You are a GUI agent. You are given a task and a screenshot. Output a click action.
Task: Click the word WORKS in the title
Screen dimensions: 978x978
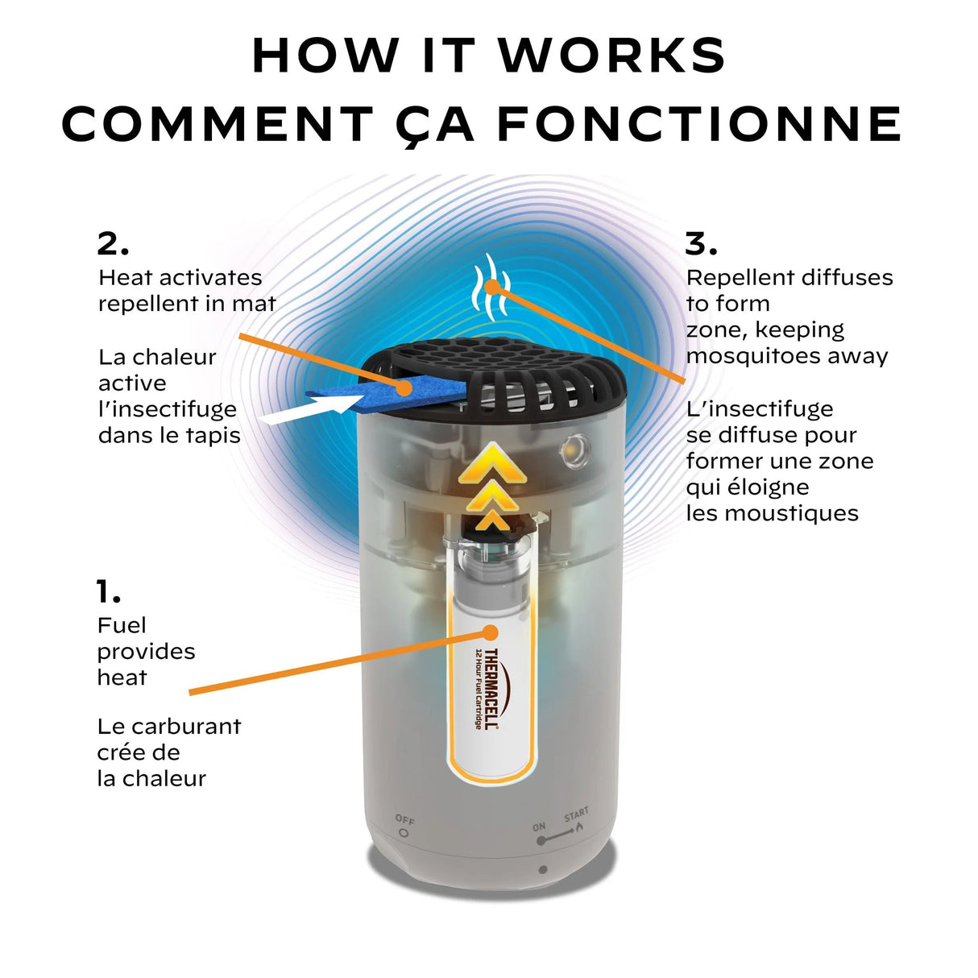point(612,55)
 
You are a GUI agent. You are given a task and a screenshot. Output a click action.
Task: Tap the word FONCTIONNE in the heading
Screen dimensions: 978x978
point(698,124)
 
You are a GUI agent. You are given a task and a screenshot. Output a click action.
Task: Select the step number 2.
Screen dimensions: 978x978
point(112,242)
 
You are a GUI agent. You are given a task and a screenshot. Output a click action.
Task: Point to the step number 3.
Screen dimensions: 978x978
point(700,242)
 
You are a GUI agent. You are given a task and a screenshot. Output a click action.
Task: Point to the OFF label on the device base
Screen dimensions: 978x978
point(405,820)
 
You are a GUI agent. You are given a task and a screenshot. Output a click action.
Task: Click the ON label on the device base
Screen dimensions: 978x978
point(539,827)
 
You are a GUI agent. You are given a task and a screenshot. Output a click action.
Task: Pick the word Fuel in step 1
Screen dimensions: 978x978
point(122,625)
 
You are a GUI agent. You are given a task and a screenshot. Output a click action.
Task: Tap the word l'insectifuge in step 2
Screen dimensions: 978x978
point(167,409)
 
